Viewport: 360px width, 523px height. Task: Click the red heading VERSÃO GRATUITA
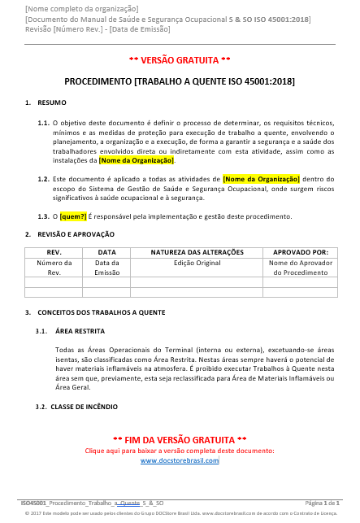pyautogui.click(x=180, y=60)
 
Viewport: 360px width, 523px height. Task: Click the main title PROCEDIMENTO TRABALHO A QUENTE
pyautogui.click(x=180, y=81)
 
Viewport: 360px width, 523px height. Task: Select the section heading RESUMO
pyautogui.click(x=52, y=102)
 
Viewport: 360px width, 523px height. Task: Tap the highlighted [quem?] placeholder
pyautogui.click(x=72, y=216)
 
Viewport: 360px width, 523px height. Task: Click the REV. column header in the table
pyautogui.click(x=54, y=252)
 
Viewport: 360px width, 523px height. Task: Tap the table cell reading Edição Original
pyautogui.click(x=197, y=263)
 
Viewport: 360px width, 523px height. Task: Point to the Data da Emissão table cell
pyautogui.click(x=106, y=268)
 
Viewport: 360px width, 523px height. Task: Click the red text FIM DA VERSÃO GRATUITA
pyautogui.click(x=180, y=439)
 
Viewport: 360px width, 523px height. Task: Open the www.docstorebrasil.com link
pyautogui.click(x=180, y=460)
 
